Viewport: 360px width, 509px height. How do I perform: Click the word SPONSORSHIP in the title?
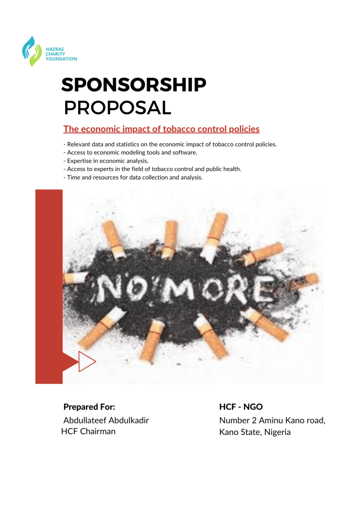[133, 85]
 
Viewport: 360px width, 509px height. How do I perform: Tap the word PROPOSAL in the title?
[118, 107]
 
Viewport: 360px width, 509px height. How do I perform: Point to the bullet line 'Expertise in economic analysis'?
[106, 161]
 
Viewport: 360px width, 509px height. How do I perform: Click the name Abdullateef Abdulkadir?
[106, 420]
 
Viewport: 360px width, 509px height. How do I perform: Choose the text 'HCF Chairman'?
[88, 431]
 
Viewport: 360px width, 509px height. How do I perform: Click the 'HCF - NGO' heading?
[241, 407]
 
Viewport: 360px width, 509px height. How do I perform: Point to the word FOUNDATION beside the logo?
[61, 59]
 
